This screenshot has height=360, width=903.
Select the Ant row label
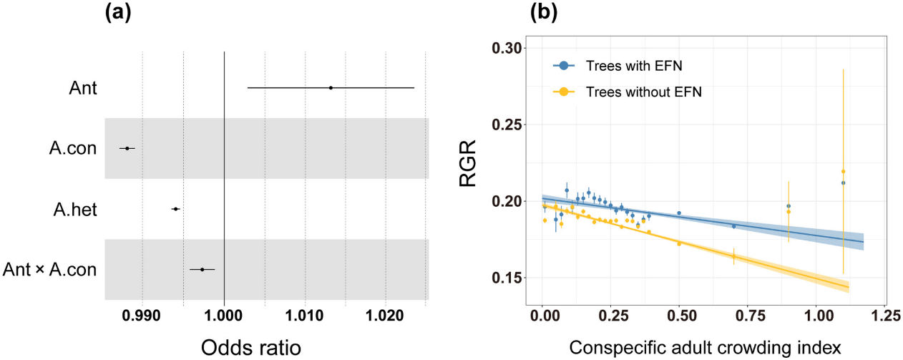(x=83, y=88)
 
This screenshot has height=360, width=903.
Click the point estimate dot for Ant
(x=331, y=88)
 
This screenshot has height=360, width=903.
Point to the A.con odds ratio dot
(x=127, y=148)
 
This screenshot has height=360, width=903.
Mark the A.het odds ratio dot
(x=175, y=209)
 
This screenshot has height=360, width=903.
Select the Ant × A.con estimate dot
(x=202, y=270)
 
